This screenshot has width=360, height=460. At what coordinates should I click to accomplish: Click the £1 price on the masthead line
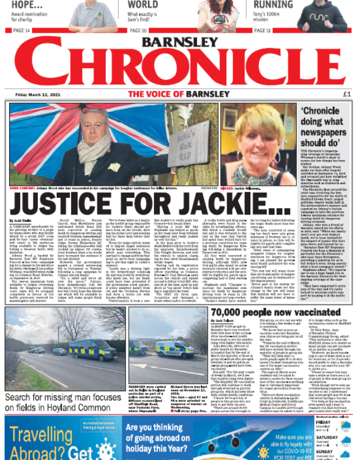pos(346,93)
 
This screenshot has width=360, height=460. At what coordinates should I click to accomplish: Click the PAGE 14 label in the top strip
pos(21,30)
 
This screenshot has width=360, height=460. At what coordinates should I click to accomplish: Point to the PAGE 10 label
pos(138,30)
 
